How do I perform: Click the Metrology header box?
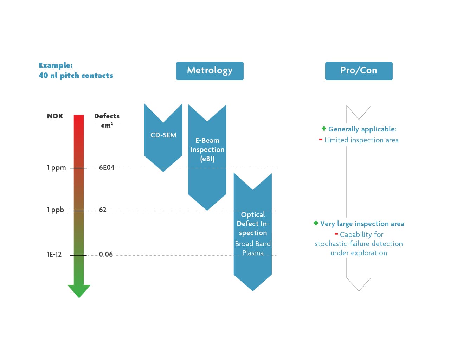(210, 71)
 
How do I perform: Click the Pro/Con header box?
(359, 71)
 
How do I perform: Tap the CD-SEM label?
(163, 135)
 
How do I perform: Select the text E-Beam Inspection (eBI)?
(207, 149)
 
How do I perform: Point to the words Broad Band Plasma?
(253, 248)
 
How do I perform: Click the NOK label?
(55, 116)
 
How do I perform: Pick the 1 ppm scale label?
(56, 168)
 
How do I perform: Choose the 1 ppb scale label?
(56, 210)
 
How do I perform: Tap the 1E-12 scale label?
(54, 255)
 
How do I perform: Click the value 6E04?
(107, 168)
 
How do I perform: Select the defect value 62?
(103, 210)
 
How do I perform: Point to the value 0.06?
(106, 255)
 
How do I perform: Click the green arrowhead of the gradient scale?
(79, 291)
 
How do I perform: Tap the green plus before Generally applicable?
(324, 128)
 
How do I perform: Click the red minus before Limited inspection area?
(321, 140)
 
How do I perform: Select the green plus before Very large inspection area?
(316, 223)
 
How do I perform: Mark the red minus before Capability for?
(336, 234)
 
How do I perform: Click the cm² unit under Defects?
(107, 125)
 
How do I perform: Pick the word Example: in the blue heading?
(56, 65)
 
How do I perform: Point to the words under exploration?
(359, 253)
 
